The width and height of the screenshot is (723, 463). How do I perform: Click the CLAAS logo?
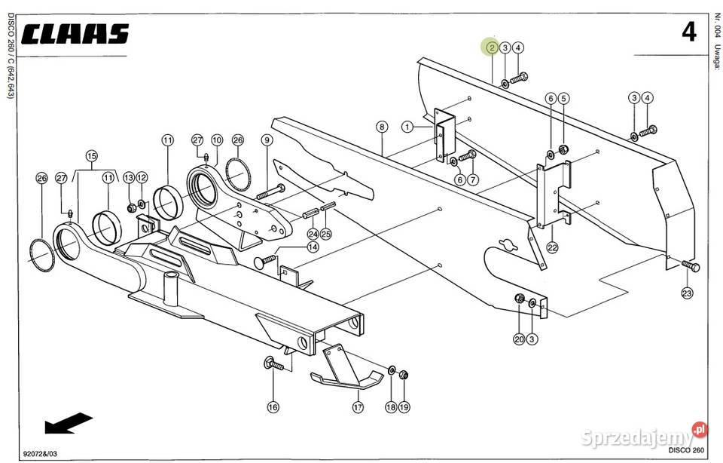coord(75,35)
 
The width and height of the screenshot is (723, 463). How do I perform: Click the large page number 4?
coord(689,32)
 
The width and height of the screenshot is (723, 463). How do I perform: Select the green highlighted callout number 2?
coord(492,47)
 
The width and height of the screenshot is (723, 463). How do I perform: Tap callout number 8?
coord(382,127)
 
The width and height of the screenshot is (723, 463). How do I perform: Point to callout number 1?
coord(407,127)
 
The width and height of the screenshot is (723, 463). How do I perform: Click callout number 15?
coord(92,155)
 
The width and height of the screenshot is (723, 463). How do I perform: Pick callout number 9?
coord(267,140)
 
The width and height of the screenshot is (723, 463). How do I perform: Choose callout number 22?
coord(552,247)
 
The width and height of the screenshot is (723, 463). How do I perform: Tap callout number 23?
coord(687,293)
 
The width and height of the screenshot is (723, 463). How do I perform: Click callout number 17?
coord(358,406)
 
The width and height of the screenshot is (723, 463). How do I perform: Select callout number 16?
coord(273,406)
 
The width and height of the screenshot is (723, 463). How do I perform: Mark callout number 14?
coord(313,247)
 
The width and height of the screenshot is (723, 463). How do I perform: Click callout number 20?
coord(519,339)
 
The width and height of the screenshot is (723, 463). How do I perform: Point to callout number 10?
coord(217,140)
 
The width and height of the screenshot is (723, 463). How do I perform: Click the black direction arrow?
coord(69,422)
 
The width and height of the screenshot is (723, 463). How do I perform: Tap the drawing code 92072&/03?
coord(40,453)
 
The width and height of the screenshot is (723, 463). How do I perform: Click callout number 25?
coord(326,234)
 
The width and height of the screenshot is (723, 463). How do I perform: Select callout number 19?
coord(404,406)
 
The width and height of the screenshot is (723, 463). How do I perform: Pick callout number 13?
coord(129,178)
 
